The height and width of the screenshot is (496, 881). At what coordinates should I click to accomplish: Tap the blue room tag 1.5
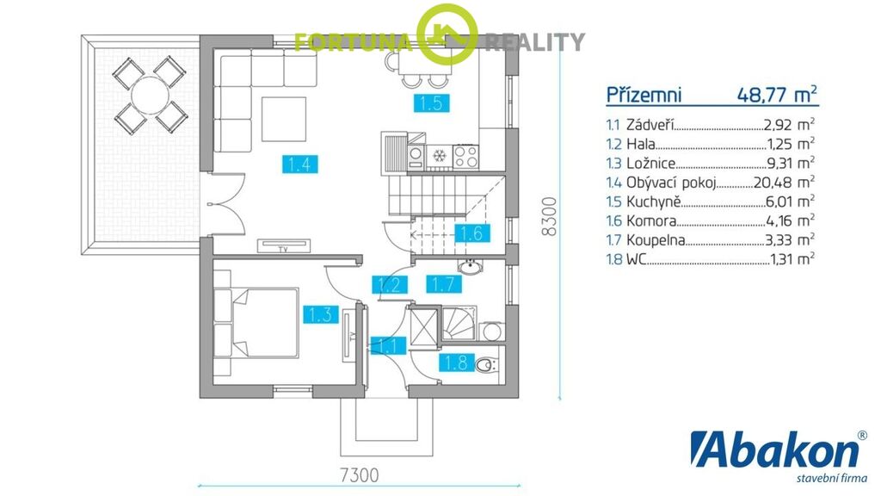tap(432, 103)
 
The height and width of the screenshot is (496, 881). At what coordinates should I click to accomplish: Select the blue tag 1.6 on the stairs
tap(471, 232)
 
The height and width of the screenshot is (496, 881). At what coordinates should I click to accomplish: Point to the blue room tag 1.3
tap(321, 314)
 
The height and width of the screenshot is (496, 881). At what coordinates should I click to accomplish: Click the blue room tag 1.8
tap(456, 363)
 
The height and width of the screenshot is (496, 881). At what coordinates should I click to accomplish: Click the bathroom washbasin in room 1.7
tap(469, 267)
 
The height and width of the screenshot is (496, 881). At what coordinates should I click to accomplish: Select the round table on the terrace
tap(150, 94)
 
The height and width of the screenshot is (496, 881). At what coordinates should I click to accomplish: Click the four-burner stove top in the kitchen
tap(465, 157)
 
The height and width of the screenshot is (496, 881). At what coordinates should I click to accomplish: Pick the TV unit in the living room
tap(284, 246)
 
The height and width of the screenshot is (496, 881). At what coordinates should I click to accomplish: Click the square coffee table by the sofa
tap(284, 119)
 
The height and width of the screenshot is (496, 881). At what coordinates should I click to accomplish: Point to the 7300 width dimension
tap(359, 474)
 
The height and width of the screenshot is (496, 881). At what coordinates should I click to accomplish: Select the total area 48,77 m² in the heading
tap(777, 94)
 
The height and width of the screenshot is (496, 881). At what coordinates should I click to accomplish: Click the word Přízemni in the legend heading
tap(644, 95)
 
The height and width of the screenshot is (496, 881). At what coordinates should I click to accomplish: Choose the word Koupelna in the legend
tap(656, 240)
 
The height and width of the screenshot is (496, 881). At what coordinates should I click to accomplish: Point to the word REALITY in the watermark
tap(535, 42)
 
